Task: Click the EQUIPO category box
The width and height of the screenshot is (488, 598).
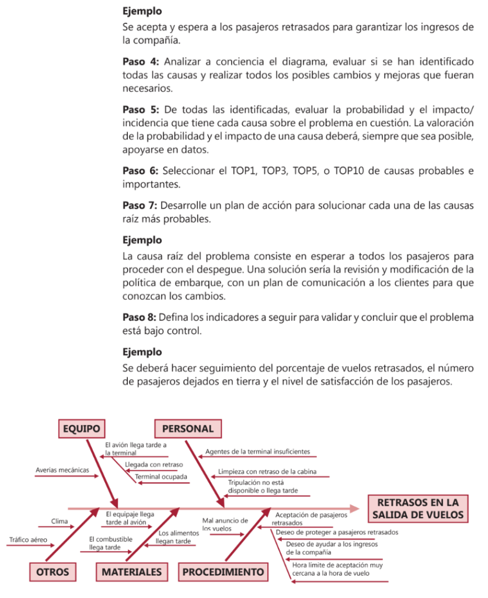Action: click(x=82, y=428)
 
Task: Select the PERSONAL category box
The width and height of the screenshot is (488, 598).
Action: click(x=188, y=428)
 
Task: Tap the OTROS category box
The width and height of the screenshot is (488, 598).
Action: click(x=53, y=572)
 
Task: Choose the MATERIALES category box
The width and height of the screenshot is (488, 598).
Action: click(x=132, y=572)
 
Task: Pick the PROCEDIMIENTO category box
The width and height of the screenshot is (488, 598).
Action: click(x=223, y=572)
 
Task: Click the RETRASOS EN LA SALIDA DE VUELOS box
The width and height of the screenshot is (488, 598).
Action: click(x=418, y=509)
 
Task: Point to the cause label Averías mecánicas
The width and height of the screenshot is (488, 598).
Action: click(x=62, y=470)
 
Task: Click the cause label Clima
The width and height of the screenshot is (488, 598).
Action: click(x=60, y=521)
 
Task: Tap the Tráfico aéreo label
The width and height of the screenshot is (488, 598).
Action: click(x=28, y=540)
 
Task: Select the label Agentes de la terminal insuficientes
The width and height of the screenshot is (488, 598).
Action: click(x=257, y=452)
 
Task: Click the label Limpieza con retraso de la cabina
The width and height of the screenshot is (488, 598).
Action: click(x=266, y=471)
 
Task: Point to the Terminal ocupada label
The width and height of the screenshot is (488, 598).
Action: click(x=162, y=477)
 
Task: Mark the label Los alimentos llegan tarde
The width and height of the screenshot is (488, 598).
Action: click(x=175, y=537)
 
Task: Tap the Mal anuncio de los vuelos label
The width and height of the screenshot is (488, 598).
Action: click(x=225, y=524)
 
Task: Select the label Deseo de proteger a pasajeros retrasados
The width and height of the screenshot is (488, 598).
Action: click(x=337, y=533)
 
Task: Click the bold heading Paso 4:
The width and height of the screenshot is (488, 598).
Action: click(x=140, y=61)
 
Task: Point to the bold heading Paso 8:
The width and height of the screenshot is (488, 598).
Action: click(x=140, y=317)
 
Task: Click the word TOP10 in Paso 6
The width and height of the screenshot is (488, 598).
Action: click(x=352, y=171)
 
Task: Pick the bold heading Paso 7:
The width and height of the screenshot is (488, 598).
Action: click(x=140, y=206)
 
